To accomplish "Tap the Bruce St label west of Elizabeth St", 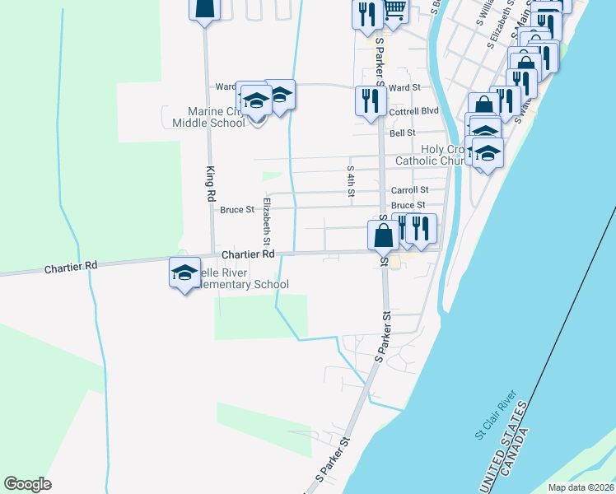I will click(237, 210).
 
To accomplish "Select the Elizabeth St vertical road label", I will click(266, 221).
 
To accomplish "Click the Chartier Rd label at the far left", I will click(71, 266).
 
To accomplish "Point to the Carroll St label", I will click(409, 190).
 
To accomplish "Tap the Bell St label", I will click(403, 133).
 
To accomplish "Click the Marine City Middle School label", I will click(203, 117).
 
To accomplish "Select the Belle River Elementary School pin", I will click(184, 273).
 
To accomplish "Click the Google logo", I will click(27, 484).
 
